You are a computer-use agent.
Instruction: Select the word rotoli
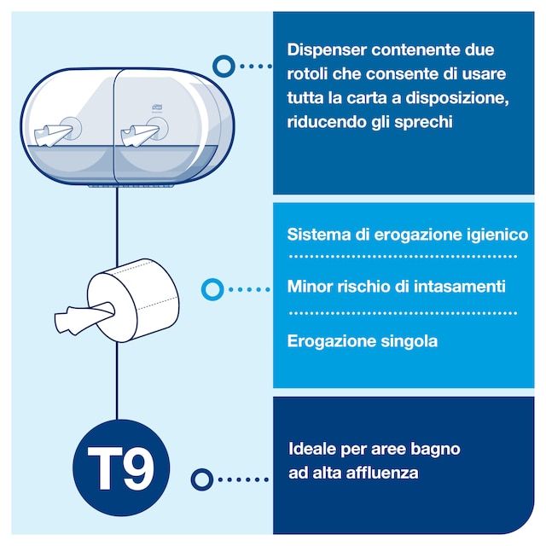pyautogui.click(x=307, y=74)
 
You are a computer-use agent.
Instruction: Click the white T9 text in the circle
pyautogui.click(x=120, y=468)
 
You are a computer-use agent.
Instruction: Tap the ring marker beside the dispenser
pyautogui.click(x=224, y=67)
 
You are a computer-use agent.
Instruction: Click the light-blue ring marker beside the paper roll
pyautogui.click(x=212, y=289)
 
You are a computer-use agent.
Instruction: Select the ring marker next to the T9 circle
pyautogui.click(x=201, y=479)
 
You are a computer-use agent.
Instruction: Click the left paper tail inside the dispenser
pyautogui.click(x=52, y=135)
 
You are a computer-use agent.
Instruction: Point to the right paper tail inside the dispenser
pyautogui.click(x=138, y=135)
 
